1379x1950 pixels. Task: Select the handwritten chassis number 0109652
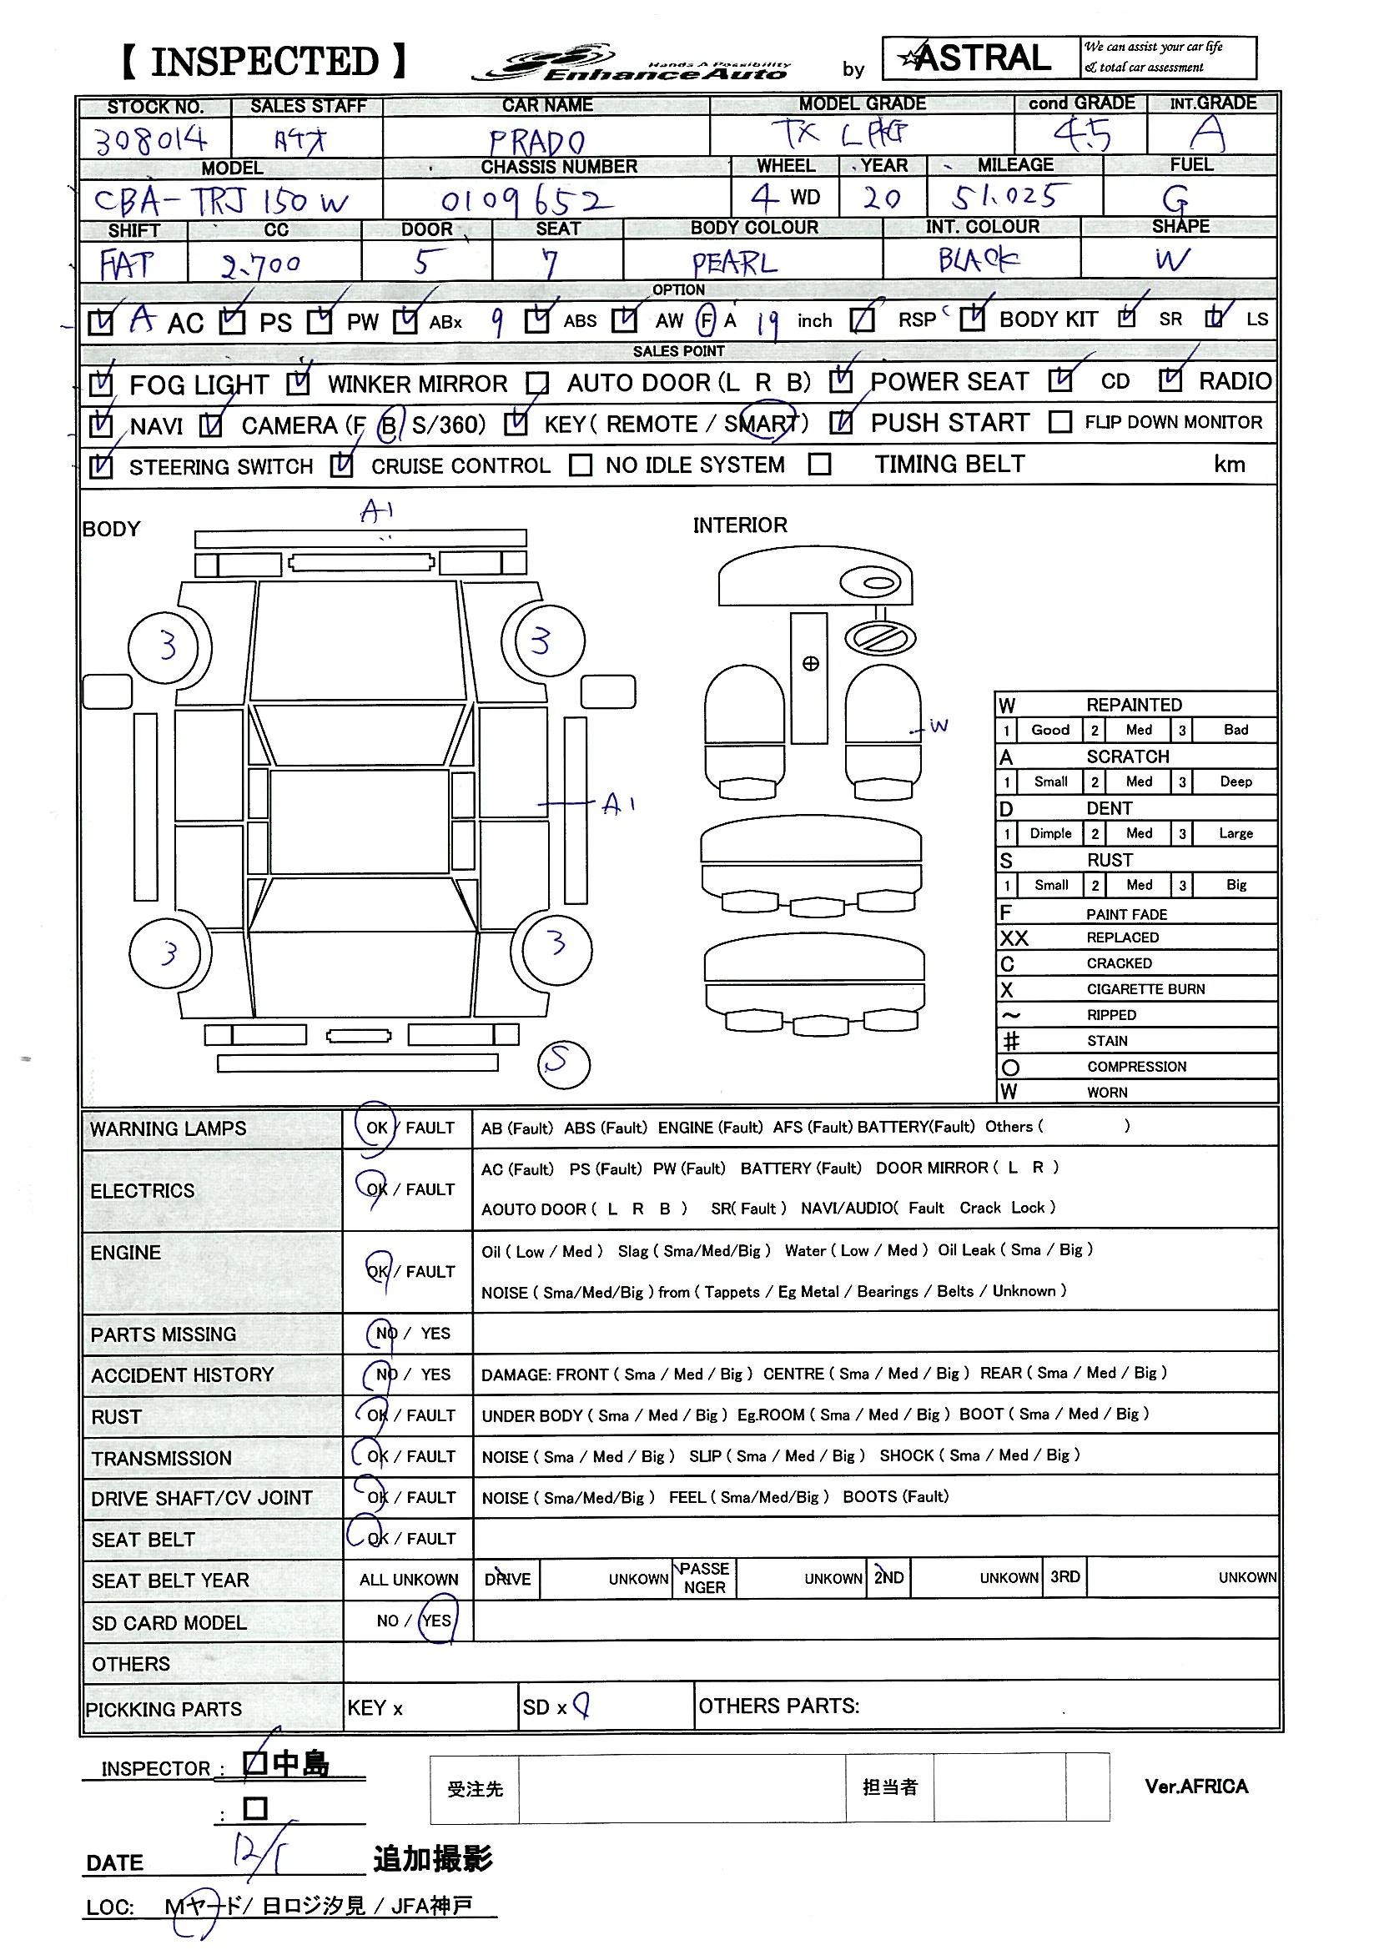click(526, 201)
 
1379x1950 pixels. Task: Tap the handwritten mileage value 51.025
click(1004, 197)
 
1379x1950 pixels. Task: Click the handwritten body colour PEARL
click(734, 263)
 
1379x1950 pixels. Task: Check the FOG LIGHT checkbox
click(101, 384)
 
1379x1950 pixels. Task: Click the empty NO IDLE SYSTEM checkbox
click(581, 465)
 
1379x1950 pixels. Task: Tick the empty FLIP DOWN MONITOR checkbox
click(1059, 422)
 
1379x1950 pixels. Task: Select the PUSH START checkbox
click(841, 422)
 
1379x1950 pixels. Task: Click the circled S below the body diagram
click(563, 1063)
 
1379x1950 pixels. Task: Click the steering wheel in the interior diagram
click(880, 637)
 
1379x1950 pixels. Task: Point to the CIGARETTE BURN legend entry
click(1145, 989)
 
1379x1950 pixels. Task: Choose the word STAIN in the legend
click(1107, 1041)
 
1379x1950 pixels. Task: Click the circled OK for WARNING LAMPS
click(376, 1128)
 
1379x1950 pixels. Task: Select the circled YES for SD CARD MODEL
click(437, 1621)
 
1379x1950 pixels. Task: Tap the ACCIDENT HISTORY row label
click(183, 1375)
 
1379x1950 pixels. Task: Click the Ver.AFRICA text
click(1195, 1787)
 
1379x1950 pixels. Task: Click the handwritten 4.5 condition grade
click(1082, 134)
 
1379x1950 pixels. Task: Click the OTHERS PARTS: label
click(778, 1706)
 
